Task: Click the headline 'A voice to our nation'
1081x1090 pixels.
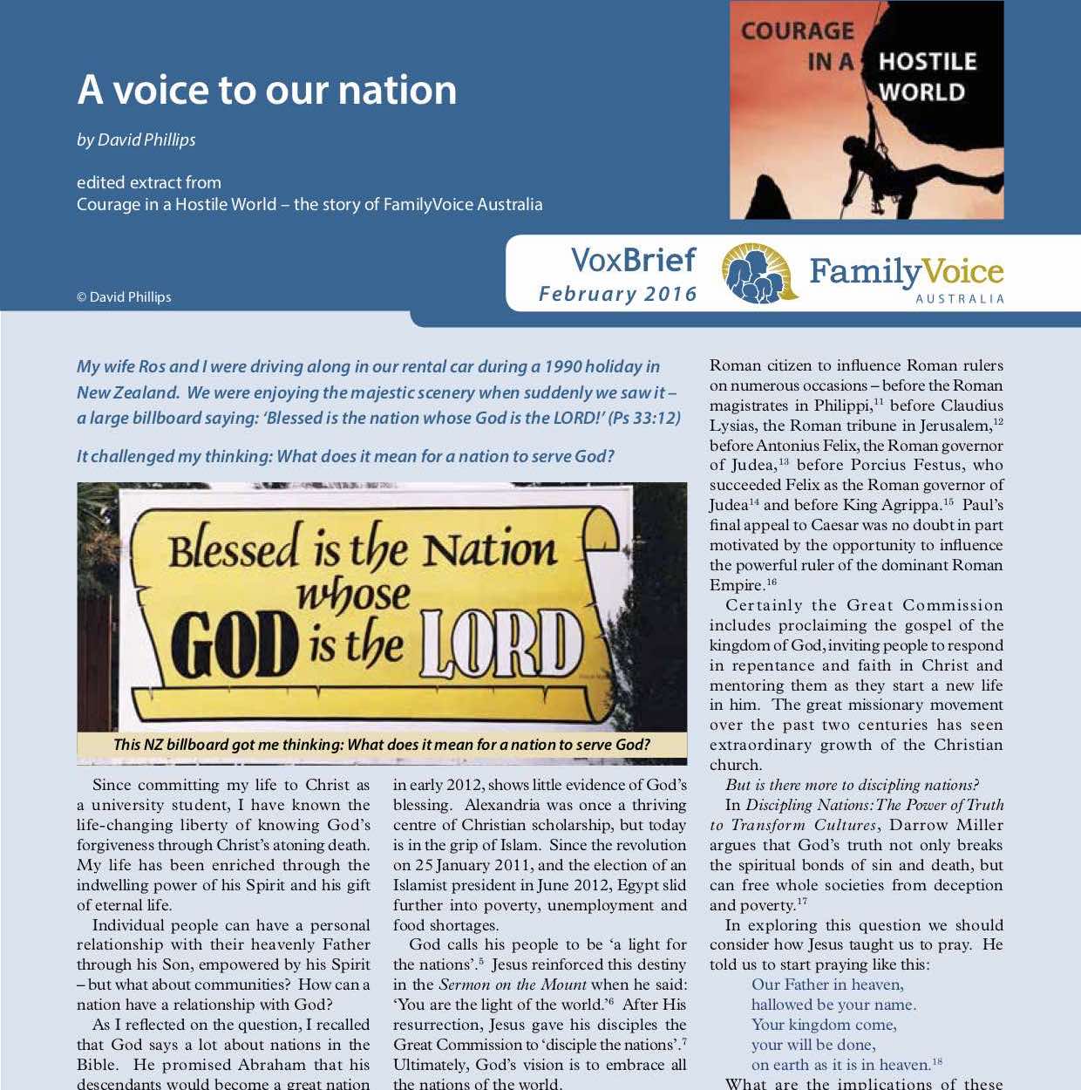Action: tap(267, 90)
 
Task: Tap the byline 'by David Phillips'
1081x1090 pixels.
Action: tap(136, 140)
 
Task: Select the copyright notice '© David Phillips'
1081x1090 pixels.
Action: tap(124, 297)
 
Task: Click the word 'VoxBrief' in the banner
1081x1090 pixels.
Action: tap(634, 260)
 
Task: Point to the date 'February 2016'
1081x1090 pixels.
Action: tap(618, 294)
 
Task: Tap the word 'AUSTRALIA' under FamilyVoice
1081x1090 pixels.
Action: tap(960, 299)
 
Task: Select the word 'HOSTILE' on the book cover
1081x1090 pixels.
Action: tap(927, 62)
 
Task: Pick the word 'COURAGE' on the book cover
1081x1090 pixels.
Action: tap(798, 31)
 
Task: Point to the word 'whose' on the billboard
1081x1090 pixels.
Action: tap(353, 596)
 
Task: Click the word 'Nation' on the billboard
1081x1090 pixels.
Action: tap(489, 549)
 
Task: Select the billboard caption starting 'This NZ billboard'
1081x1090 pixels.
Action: tap(382, 745)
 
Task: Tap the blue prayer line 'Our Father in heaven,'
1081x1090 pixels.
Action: tap(827, 985)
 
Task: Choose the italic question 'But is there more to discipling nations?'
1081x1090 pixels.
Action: tap(852, 785)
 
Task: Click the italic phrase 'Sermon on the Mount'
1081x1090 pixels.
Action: tap(513, 984)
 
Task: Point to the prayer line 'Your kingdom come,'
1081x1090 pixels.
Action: tap(824, 1025)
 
